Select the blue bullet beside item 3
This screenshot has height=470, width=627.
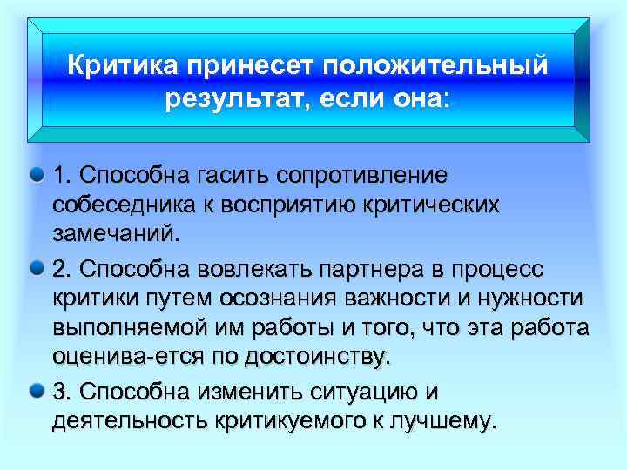pos(37,386)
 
